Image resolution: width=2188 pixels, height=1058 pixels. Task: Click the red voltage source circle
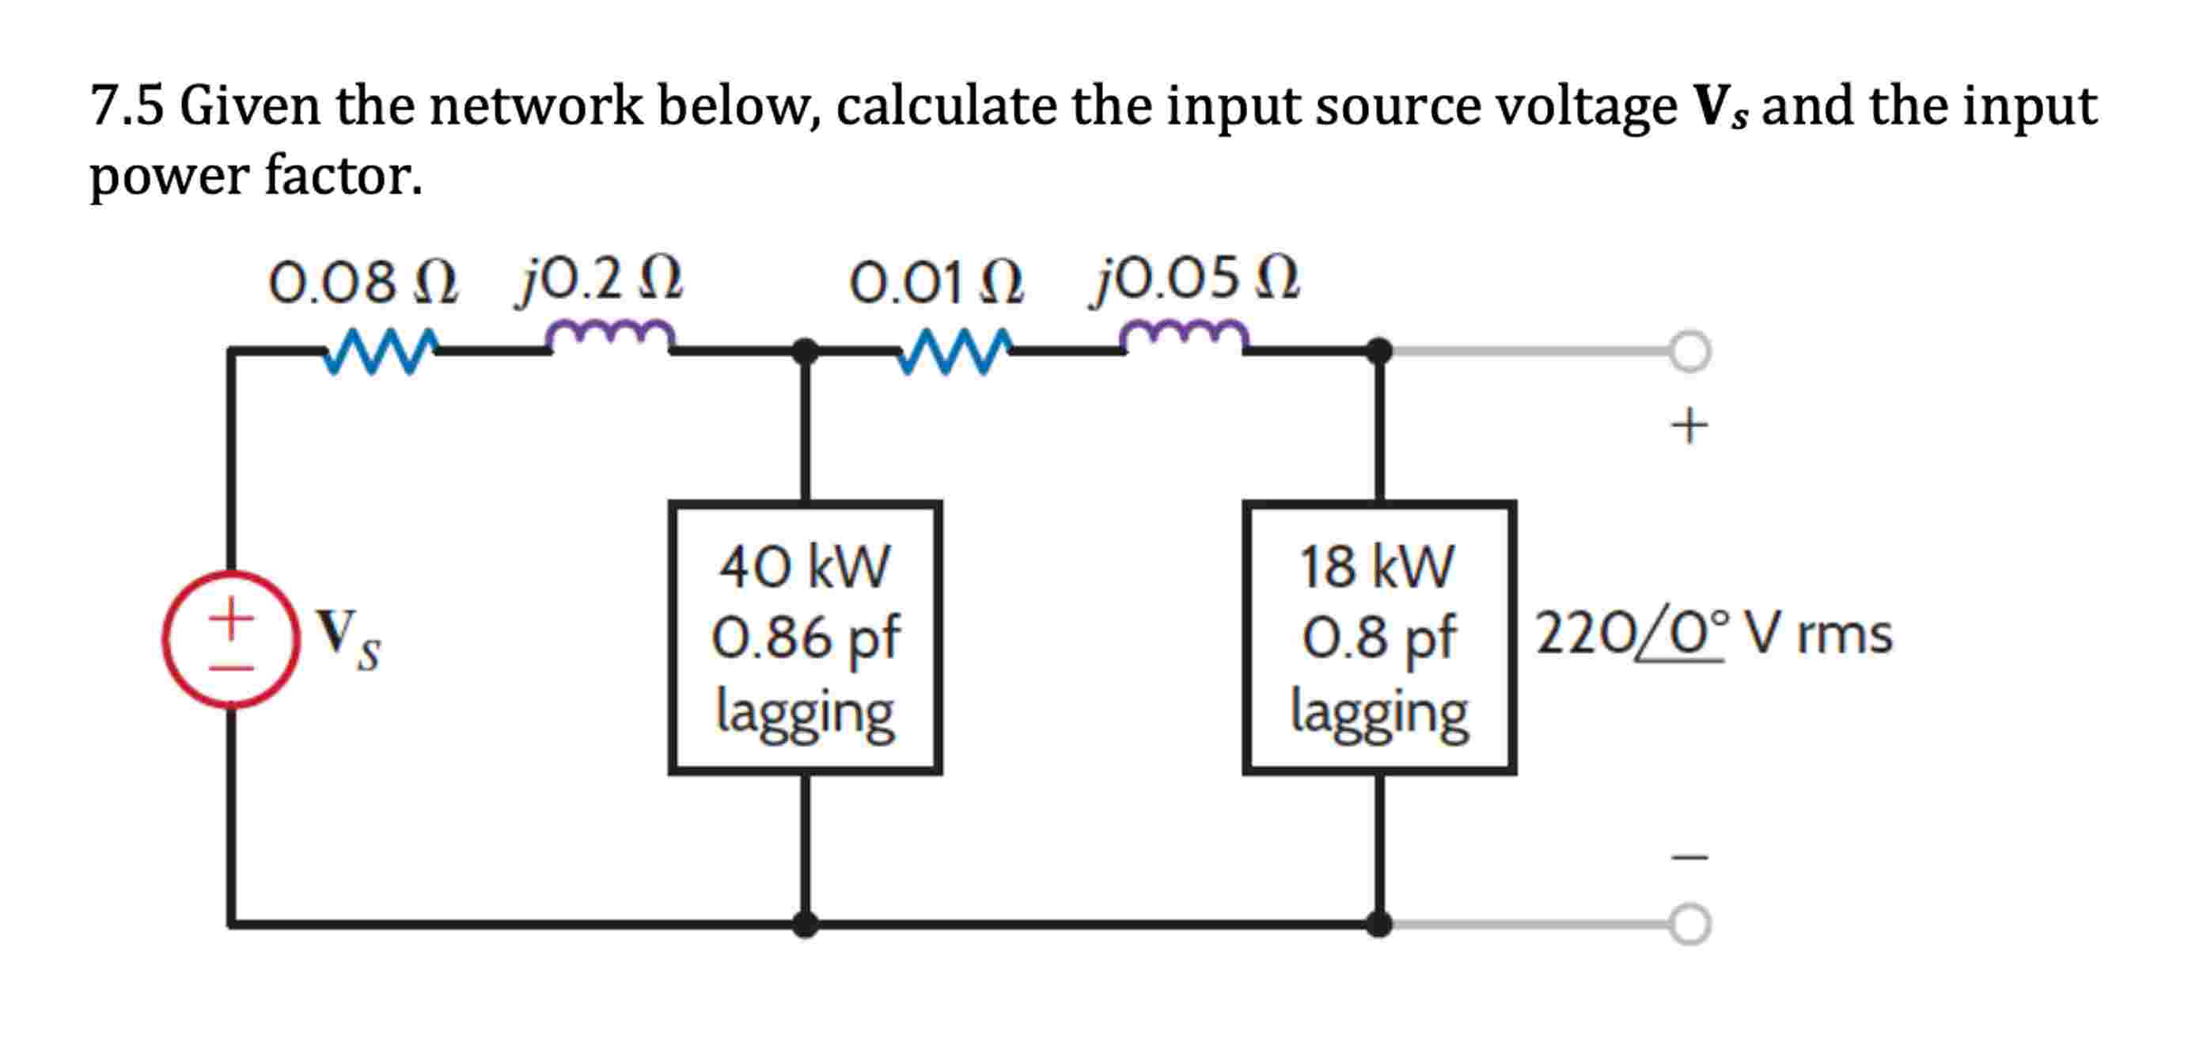pos(230,639)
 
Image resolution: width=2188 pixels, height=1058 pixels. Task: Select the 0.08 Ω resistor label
pos(362,282)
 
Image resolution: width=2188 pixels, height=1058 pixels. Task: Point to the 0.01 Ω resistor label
pos(935,282)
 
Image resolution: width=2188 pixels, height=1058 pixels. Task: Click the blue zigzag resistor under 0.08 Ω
pos(381,350)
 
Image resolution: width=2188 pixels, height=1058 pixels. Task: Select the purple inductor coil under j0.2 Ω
pos(610,336)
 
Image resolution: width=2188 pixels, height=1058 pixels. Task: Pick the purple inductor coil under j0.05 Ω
pos(1184,336)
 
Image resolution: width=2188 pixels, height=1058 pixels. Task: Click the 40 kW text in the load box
pos(804,567)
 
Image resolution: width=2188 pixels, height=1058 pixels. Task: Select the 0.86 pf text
pos(804,637)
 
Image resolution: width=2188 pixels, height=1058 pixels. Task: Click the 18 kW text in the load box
pos(1377,567)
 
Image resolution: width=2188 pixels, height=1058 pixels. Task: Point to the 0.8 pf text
pos(1378,637)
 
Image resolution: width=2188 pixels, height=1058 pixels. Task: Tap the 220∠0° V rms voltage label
pos(1714,634)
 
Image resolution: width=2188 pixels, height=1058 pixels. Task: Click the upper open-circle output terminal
pos(1689,351)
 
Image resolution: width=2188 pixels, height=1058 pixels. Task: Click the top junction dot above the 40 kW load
pos(804,350)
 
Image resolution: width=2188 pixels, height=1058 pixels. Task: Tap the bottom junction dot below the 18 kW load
pos(1378,923)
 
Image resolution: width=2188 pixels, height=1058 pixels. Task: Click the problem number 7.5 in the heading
pos(127,106)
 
